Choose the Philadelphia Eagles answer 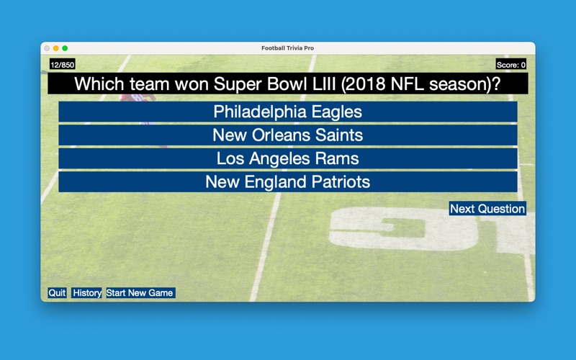[287, 112]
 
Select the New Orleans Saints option [287, 135]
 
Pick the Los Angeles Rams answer [287, 158]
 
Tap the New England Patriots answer [287, 182]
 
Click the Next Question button [487, 209]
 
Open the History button [86, 293]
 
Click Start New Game [140, 293]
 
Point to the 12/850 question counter [63, 65]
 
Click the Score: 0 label [511, 65]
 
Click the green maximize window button [65, 48]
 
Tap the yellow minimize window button [56, 48]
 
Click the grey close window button [47, 48]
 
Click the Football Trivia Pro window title [287, 48]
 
